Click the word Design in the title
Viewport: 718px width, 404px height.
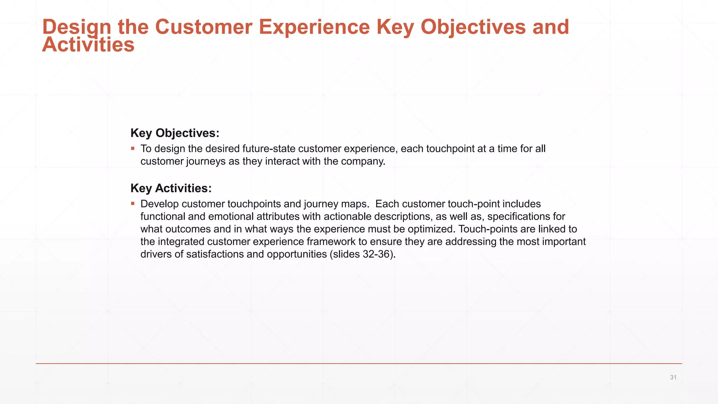76,27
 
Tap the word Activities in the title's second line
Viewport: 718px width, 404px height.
88,45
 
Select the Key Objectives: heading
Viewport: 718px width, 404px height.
175,133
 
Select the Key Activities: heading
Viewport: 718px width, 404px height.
171,188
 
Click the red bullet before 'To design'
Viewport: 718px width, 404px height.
133,148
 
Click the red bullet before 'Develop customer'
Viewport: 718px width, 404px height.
133,204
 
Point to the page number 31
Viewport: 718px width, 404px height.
673,377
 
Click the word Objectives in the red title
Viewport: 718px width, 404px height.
473,27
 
